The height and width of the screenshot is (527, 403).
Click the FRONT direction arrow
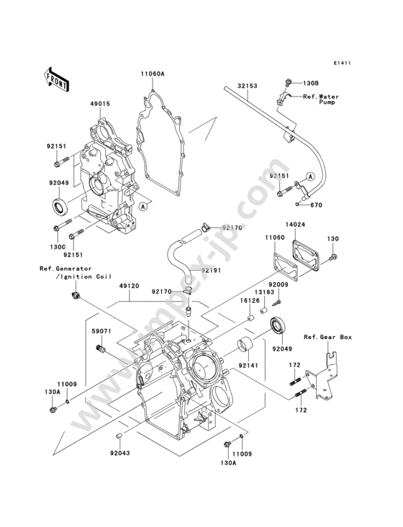pyautogui.click(x=56, y=79)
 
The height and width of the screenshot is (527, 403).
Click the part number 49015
pyautogui.click(x=100, y=104)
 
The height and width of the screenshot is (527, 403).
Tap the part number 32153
pyautogui.click(x=247, y=86)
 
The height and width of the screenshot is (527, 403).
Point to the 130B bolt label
pyautogui.click(x=311, y=83)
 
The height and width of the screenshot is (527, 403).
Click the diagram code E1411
pyautogui.click(x=343, y=63)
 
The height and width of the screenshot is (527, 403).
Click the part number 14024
pyautogui.click(x=296, y=225)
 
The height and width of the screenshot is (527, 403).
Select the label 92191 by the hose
pyautogui.click(x=212, y=270)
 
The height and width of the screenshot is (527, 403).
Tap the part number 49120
pyautogui.click(x=130, y=287)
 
